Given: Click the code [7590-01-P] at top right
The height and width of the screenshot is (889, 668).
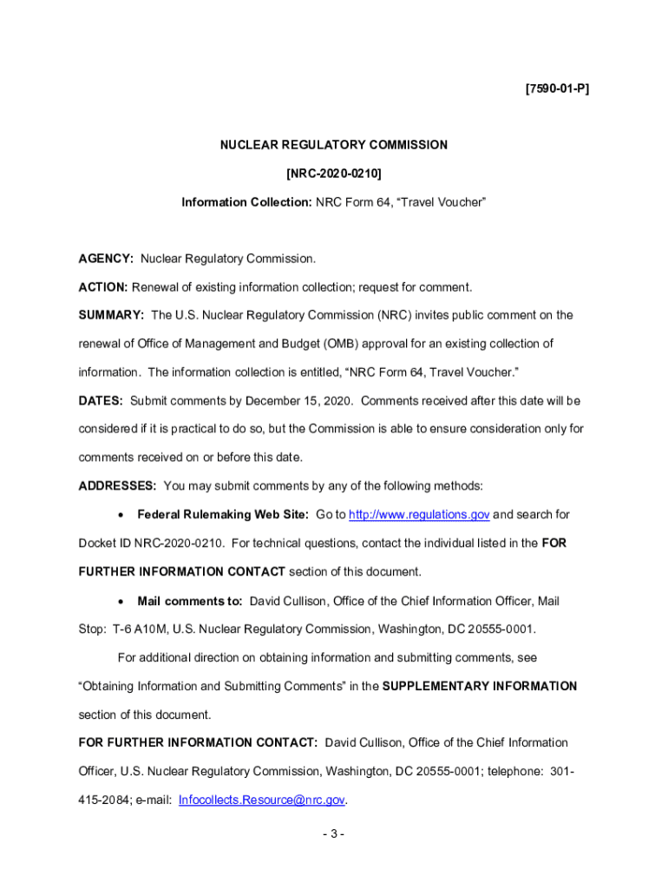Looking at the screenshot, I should click(557, 89).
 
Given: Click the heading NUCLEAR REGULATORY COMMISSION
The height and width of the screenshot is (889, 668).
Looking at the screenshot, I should click(334, 145).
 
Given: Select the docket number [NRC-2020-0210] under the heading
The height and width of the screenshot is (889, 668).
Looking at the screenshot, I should click(334, 174).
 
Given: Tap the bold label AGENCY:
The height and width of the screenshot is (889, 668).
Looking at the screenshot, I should click(106, 259).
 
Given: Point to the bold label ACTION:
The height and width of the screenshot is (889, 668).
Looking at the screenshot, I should click(103, 287).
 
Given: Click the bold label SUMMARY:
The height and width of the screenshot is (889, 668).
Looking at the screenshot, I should click(111, 315).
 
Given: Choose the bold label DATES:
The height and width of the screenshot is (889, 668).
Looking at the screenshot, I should click(101, 401).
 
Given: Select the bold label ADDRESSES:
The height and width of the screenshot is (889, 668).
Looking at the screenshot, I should click(117, 486).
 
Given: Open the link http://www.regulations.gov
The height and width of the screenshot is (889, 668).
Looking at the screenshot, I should click(419, 515).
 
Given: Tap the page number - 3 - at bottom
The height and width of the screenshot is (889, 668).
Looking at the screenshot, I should click(334, 834).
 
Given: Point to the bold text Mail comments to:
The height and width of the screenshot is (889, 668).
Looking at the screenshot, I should click(189, 601).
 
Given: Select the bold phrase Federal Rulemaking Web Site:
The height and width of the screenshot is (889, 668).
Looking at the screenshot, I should click(222, 515).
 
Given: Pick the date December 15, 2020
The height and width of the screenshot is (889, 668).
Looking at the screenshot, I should click(299, 401).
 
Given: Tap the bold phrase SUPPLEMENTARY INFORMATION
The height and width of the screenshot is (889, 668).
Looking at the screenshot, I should click(479, 686).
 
